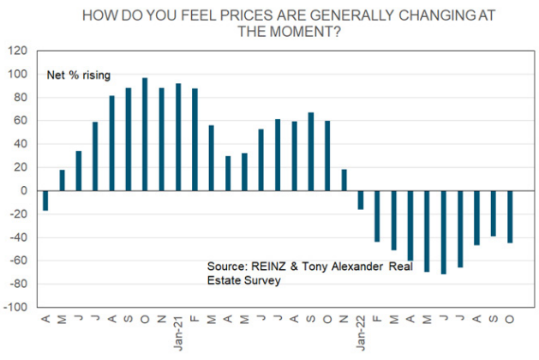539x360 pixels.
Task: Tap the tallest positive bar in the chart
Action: pos(145,135)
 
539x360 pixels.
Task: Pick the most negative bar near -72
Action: pos(444,232)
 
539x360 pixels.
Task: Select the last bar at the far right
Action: pos(509,216)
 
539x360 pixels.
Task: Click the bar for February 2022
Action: pos(377,216)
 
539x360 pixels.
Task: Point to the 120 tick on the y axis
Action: pos(19,51)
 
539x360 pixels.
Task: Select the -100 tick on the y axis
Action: pos(16,307)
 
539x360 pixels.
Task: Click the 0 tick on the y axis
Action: pos(25,190)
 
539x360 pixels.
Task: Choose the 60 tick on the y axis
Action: pos(21,121)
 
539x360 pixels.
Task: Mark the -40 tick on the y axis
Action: pos(19,237)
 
